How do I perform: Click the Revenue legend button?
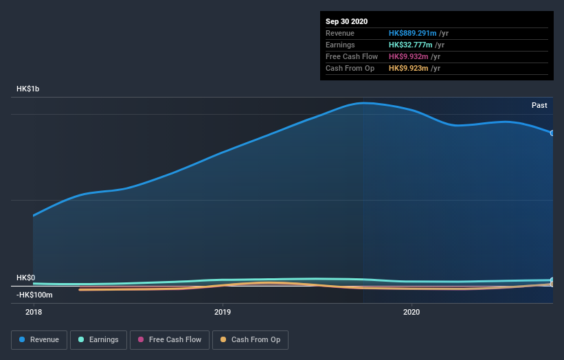[40, 339]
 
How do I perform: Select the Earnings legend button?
[98, 339]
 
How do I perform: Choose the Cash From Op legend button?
[250, 339]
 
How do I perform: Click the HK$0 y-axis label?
[25, 278]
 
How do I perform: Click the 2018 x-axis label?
[33, 312]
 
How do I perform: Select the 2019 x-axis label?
[222, 312]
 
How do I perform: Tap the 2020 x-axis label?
[411, 312]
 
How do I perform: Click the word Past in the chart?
[539, 105]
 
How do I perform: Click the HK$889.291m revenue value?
[411, 33]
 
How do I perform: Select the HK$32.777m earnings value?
[409, 45]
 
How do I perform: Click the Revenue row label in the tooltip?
[340, 33]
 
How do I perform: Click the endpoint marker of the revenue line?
[552, 133]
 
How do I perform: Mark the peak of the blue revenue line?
[364, 103]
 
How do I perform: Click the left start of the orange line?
[80, 290]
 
